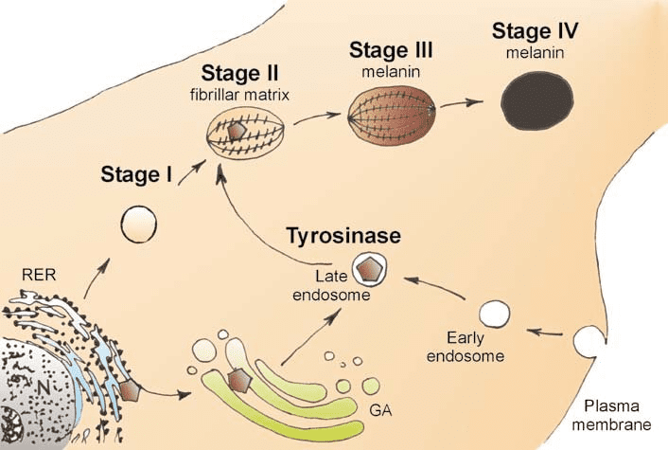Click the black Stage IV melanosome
[536, 97]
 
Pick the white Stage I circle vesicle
[139, 226]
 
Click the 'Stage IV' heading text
[536, 32]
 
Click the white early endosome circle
[494, 313]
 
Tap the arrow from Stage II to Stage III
[316, 117]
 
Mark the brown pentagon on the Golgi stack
[241, 381]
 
